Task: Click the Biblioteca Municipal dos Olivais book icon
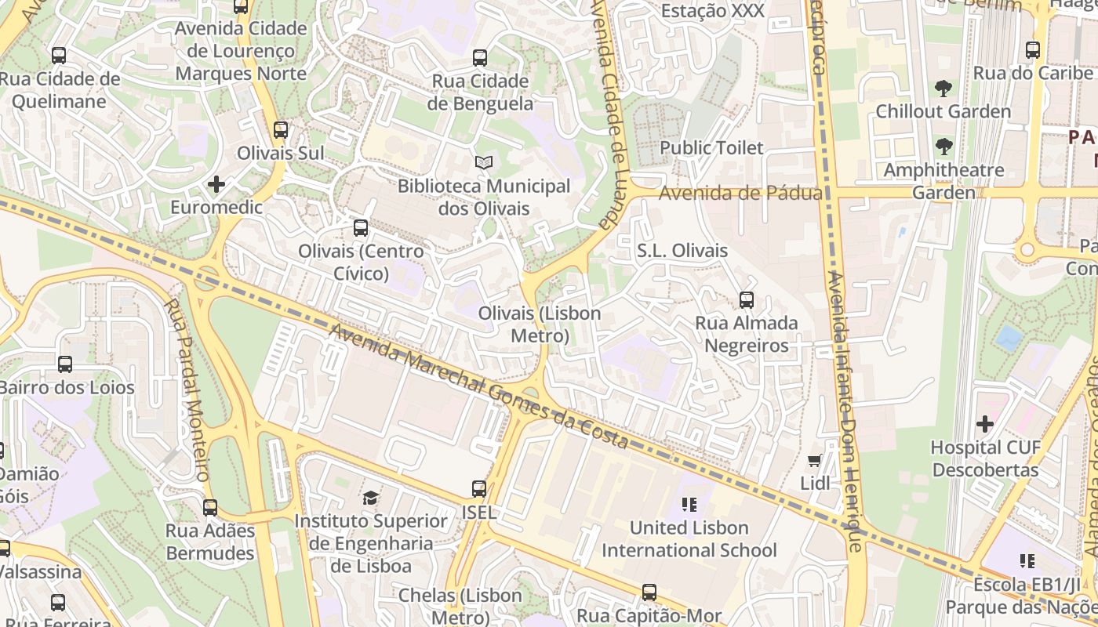pos(484,163)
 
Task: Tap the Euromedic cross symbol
pos(216,185)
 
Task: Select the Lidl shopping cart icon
pos(815,461)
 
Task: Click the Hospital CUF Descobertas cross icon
pos(985,425)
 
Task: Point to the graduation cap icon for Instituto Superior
pos(370,498)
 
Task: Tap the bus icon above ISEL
pos(479,489)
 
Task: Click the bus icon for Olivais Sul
pos(281,130)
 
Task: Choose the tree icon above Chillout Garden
pos(943,89)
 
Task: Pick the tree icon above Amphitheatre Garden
pos(943,147)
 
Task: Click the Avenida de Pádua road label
pos(740,193)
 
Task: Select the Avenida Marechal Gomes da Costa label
pos(478,387)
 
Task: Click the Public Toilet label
pos(711,147)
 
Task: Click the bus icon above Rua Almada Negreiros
pos(747,300)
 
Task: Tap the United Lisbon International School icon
pos(689,505)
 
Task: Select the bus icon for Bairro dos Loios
pos(65,364)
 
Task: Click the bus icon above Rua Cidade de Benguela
pos(480,58)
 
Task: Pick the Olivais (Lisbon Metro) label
pos(540,324)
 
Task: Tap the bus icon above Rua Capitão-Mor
pos(649,593)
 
